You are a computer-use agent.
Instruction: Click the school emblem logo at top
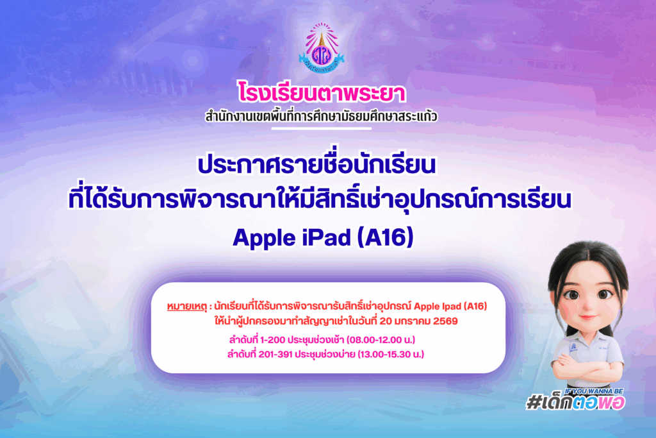coord(322,48)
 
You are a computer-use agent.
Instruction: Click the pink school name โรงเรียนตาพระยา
coord(322,93)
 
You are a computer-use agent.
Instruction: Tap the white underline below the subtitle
coord(322,128)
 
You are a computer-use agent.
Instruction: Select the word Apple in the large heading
coord(264,239)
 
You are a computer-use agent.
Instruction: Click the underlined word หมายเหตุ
coord(187,307)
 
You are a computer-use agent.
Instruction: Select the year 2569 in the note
coord(445,321)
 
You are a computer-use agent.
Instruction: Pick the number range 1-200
coord(275,340)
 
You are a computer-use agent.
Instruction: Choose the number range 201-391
coord(275,354)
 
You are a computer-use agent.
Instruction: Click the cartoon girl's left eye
coord(605,294)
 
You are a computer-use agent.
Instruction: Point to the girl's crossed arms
coord(588,371)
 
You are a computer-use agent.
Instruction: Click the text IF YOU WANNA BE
coord(594,391)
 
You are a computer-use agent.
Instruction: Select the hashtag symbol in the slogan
coord(534,402)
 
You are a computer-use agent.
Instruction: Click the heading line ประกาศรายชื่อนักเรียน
coord(316,165)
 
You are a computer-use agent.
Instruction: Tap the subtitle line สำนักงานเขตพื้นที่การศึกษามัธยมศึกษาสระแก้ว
coord(322,116)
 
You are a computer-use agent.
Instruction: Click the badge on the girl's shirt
coord(573,348)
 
